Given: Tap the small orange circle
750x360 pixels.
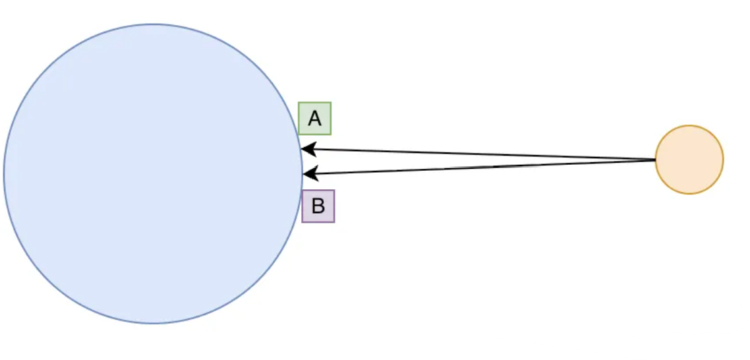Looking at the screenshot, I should [x=689, y=160].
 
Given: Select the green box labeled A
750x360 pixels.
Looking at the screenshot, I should [x=314, y=119].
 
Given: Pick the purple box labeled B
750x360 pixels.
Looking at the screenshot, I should [x=318, y=206].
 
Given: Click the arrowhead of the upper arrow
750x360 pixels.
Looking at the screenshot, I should [x=306, y=148].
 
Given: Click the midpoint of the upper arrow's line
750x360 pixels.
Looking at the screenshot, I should [x=478, y=154].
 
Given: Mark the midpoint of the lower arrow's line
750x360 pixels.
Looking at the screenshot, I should [x=480, y=167].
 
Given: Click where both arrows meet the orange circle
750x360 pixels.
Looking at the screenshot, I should [x=656, y=160].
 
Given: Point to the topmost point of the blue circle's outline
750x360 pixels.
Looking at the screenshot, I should [x=153, y=24].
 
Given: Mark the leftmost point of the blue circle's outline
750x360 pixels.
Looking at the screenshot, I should [x=3, y=174].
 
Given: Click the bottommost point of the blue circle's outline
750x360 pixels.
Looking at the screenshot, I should [x=153, y=324].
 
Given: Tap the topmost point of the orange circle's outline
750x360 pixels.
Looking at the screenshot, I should [x=689, y=125].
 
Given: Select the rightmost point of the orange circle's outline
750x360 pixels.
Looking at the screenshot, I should [x=724, y=160].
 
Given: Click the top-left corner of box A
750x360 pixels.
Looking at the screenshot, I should [x=299, y=103].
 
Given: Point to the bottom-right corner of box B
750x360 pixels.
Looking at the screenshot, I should [x=334, y=222].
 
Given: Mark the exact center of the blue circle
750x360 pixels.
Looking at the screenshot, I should [x=153, y=174].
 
